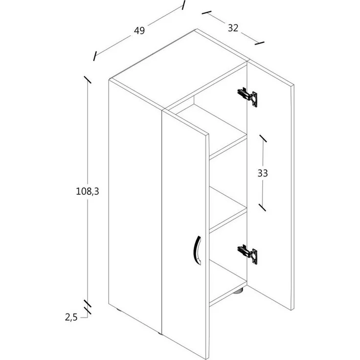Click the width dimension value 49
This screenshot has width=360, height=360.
(x=139, y=30)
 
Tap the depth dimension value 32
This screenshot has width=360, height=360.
(x=233, y=28)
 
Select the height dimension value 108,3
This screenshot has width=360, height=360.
(x=88, y=191)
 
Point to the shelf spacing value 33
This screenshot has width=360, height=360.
(x=263, y=173)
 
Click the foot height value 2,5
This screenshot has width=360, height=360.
(x=71, y=317)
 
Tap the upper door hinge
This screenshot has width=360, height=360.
(x=247, y=97)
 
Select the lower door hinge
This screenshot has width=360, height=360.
(x=247, y=254)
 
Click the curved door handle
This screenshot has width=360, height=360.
(x=197, y=250)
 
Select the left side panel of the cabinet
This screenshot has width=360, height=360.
(x=135, y=206)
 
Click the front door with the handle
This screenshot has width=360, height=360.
(x=185, y=234)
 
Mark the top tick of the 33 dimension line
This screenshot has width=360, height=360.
(x=263, y=138)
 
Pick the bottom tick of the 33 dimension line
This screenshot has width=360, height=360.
(x=262, y=207)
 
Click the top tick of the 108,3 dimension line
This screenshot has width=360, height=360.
(x=88, y=80)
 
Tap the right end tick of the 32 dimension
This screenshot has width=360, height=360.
(x=259, y=43)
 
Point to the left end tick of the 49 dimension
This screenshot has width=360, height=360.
(x=95, y=56)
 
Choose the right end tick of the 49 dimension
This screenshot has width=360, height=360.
(x=183, y=5)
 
